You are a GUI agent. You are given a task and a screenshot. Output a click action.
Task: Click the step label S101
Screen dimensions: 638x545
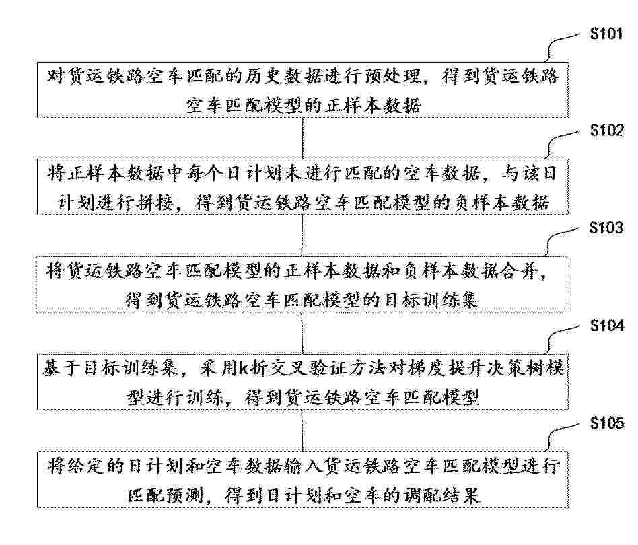click(606, 33)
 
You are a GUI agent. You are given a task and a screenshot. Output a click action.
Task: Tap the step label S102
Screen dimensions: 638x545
click(606, 130)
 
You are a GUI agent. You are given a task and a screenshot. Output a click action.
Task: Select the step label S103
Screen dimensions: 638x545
click(606, 228)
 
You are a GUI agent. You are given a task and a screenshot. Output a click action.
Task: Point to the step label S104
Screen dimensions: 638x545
click(606, 326)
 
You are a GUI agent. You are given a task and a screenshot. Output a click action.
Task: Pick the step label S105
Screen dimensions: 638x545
click(606, 423)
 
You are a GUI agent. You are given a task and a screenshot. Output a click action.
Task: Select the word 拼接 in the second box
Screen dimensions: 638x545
click(155, 202)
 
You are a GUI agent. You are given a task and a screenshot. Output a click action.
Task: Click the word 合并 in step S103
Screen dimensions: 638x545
click(520, 270)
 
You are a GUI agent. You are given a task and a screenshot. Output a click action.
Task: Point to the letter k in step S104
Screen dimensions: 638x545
click(243, 369)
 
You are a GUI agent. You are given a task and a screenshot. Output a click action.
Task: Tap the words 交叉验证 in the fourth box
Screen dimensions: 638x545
click(307, 369)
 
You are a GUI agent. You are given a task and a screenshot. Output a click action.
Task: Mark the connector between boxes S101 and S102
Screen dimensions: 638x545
click(302, 138)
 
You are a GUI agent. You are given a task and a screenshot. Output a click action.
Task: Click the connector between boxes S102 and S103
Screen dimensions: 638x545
click(302, 235)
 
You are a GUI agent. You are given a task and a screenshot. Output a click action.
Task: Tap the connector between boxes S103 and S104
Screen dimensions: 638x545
click(302, 332)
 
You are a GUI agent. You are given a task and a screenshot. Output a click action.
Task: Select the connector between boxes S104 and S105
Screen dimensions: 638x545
click(302, 431)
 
